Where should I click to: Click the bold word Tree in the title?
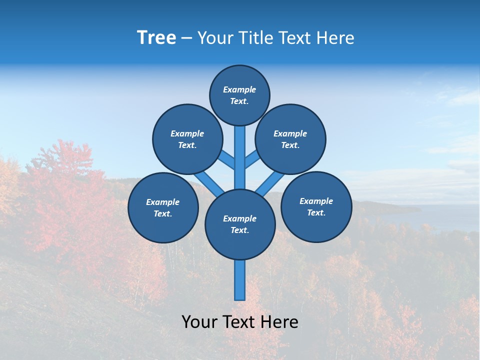point(156,38)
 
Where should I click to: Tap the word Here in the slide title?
point(336,38)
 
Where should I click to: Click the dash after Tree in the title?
point(187,38)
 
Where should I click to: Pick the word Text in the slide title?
point(296,38)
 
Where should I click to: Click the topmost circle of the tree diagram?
point(239,95)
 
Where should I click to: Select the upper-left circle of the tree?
point(187,139)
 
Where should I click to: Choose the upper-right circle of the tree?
point(290,139)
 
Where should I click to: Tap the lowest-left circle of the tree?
point(163,208)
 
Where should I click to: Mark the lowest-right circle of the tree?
point(316,207)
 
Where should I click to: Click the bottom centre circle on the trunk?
point(240,224)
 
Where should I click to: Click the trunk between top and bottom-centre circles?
point(240,157)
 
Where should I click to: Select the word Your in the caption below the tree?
point(199,321)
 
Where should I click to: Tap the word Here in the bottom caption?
point(279,321)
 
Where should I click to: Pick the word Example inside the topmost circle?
point(239,90)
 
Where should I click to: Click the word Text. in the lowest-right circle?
point(316,212)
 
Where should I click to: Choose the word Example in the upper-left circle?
point(187,133)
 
